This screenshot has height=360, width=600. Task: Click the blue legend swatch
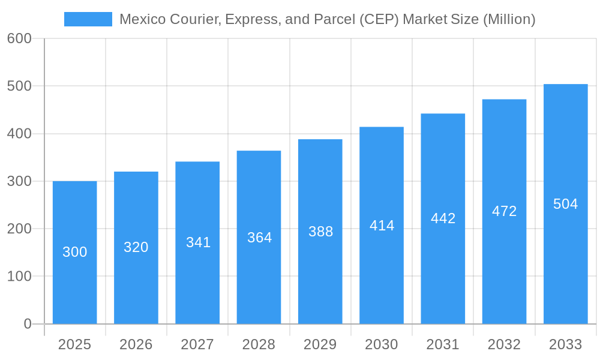click(88, 19)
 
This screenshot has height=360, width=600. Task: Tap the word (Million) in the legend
click(509, 19)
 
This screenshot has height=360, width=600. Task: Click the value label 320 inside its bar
click(136, 247)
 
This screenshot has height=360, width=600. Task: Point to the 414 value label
click(382, 226)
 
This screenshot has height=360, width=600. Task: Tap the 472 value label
click(504, 211)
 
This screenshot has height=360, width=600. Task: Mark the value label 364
click(259, 238)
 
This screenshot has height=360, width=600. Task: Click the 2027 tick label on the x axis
click(197, 344)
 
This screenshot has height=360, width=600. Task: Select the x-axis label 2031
click(443, 344)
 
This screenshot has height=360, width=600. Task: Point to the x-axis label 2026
click(136, 344)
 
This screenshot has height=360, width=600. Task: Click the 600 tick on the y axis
click(19, 38)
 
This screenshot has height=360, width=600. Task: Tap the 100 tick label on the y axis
click(19, 277)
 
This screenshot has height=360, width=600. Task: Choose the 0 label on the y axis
click(28, 324)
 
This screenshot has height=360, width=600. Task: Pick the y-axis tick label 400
click(19, 134)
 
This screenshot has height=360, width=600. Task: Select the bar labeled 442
click(443, 270)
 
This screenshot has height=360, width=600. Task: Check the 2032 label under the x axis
click(504, 344)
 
